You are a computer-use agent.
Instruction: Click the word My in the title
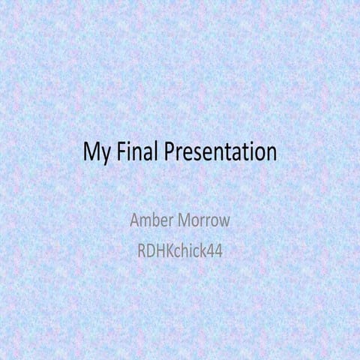94,152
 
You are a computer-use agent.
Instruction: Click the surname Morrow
202,222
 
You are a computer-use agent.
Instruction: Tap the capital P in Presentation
167,151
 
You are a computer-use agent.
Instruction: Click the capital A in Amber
136,222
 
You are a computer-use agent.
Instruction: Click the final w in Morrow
223,223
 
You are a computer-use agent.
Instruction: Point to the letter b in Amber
155,222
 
